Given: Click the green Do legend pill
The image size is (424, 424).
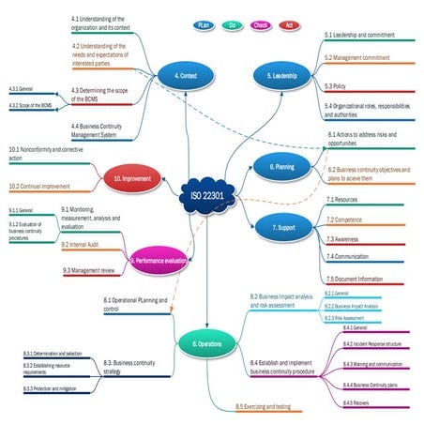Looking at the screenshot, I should [232, 25].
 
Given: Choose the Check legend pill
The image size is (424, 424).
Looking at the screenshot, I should [262, 25].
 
